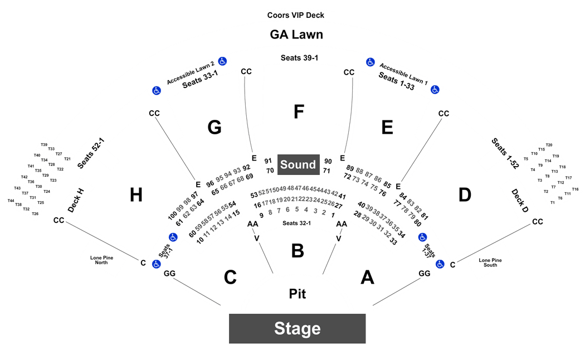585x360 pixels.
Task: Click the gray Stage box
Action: (x=298, y=328)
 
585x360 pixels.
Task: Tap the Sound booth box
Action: (x=299, y=164)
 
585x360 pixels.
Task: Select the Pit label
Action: (x=298, y=294)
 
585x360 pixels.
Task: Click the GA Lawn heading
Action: (x=296, y=35)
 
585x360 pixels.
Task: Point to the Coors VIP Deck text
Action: (x=295, y=15)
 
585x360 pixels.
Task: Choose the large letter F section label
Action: (x=299, y=111)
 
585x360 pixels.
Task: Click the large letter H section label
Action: (x=136, y=194)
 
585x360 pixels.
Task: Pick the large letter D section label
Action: (x=465, y=194)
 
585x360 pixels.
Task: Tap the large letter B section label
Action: (x=298, y=251)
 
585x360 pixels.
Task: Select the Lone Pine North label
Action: (x=101, y=260)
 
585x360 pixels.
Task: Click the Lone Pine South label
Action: (x=490, y=262)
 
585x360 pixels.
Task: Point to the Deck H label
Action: (x=76, y=201)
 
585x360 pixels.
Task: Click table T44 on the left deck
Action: (x=11, y=201)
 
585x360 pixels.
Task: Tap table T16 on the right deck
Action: (x=576, y=189)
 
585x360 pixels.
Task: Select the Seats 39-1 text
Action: (x=299, y=58)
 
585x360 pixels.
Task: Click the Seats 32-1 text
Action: (x=296, y=223)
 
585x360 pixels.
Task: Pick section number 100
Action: (x=172, y=216)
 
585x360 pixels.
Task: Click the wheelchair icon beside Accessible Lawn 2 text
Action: (x=222, y=61)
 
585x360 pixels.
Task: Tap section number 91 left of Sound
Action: (x=268, y=161)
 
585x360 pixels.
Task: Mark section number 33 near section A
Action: (x=393, y=241)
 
